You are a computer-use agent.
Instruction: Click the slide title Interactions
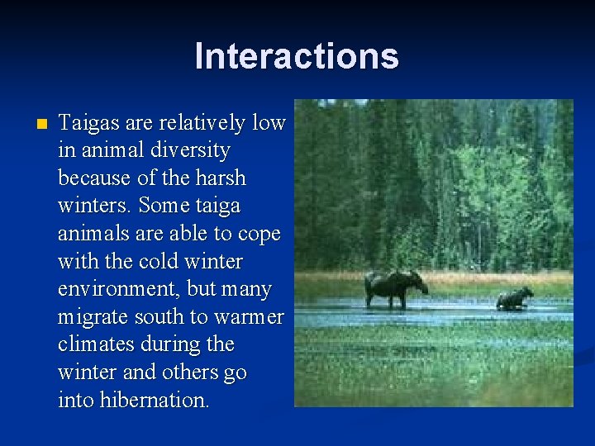297,56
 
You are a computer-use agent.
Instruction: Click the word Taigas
86,124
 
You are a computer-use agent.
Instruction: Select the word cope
259,235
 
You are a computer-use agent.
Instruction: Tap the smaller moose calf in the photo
514,298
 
